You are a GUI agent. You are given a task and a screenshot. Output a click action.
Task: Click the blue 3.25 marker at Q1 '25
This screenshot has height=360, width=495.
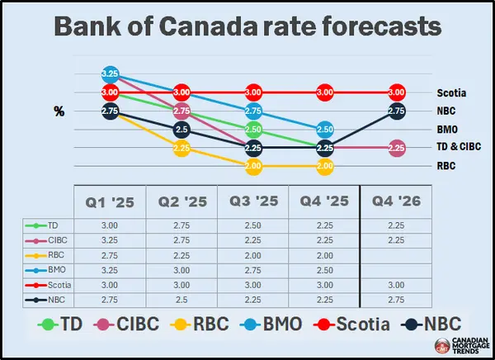tap(111, 74)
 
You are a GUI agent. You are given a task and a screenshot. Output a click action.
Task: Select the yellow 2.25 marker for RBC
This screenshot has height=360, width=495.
tap(183, 149)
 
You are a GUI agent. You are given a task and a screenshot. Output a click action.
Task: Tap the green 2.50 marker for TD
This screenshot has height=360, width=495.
tap(254, 130)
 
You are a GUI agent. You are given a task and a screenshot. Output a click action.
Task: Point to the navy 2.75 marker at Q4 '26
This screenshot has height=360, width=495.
tap(396, 111)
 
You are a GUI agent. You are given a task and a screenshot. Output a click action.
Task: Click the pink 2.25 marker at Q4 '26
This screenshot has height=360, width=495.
tap(396, 149)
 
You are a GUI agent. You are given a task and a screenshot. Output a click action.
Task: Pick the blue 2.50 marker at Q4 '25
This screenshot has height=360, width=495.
tap(325, 130)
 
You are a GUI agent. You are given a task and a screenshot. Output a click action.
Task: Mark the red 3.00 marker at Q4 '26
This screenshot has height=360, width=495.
tap(396, 92)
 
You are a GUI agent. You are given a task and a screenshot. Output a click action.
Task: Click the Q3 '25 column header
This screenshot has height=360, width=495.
tap(253, 200)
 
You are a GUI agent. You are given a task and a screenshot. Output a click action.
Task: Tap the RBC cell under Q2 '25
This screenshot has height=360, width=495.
tap(181, 255)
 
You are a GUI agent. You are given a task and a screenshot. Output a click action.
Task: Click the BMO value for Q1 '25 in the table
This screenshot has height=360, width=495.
tap(110, 269)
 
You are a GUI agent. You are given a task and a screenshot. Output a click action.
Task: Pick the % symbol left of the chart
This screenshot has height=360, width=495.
tap(59, 111)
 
